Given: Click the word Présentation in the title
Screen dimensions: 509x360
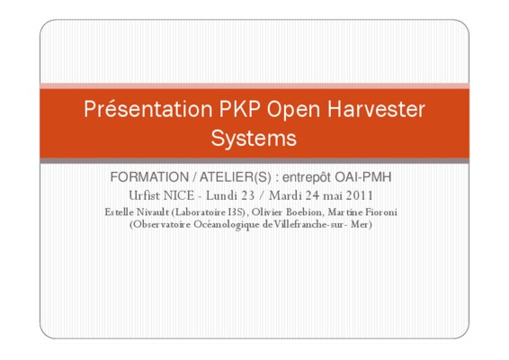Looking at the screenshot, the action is tap(148, 109).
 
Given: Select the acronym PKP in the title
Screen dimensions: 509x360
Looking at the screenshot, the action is tap(239, 109).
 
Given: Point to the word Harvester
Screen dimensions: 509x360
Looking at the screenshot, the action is tap(376, 109).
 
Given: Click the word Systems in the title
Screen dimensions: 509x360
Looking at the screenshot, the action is tap(254, 139).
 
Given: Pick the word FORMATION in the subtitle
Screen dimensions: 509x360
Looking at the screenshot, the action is tap(149, 177).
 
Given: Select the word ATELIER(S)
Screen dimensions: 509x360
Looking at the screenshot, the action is tap(236, 177).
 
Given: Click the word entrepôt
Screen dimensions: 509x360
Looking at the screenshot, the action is tap(307, 177).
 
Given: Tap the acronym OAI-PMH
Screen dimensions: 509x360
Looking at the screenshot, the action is tap(363, 177).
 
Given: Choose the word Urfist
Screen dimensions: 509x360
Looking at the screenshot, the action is tap(145, 195).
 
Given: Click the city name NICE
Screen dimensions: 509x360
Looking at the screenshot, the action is tap(179, 195).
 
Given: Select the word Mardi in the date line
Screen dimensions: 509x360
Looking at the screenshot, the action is tap(285, 195).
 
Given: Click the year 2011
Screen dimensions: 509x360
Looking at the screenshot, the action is tap(360, 195).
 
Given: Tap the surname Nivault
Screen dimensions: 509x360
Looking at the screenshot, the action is tap(153, 212).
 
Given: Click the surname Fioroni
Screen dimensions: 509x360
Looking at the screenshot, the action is tap(381, 212).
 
